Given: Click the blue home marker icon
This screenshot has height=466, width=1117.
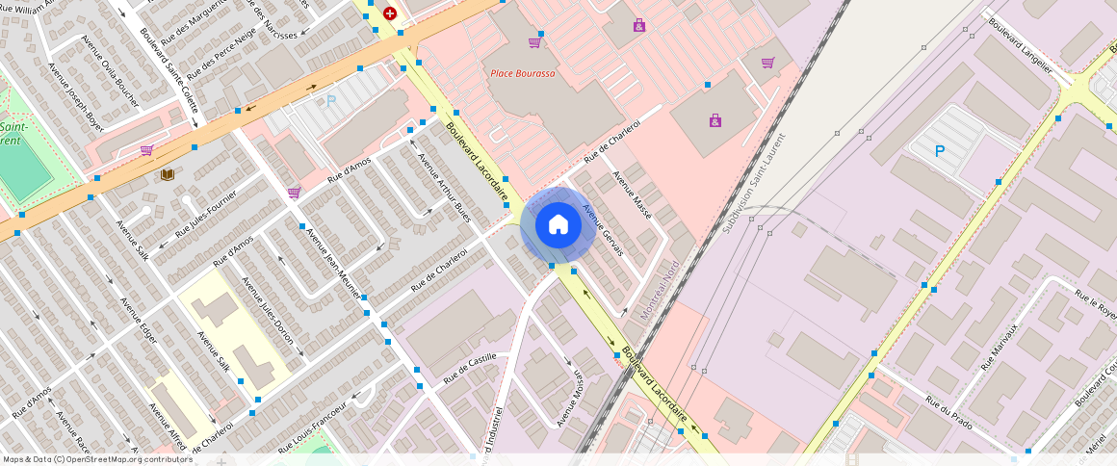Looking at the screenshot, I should pyautogui.click(x=558, y=225).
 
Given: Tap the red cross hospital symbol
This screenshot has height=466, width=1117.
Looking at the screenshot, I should pyautogui.click(x=389, y=13).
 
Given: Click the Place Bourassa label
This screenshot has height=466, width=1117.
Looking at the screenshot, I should pyautogui.click(x=523, y=74).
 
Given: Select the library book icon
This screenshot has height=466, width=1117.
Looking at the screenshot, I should pyautogui.click(x=168, y=174).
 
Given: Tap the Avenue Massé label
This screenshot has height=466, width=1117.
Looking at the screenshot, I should pyautogui.click(x=633, y=195).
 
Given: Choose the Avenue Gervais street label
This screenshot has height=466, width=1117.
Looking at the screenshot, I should pyautogui.click(x=603, y=232).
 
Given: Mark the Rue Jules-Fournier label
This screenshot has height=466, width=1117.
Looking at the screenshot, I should pyautogui.click(x=205, y=217).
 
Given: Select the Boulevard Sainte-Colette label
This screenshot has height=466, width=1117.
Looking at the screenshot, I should pyautogui.click(x=168, y=64).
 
